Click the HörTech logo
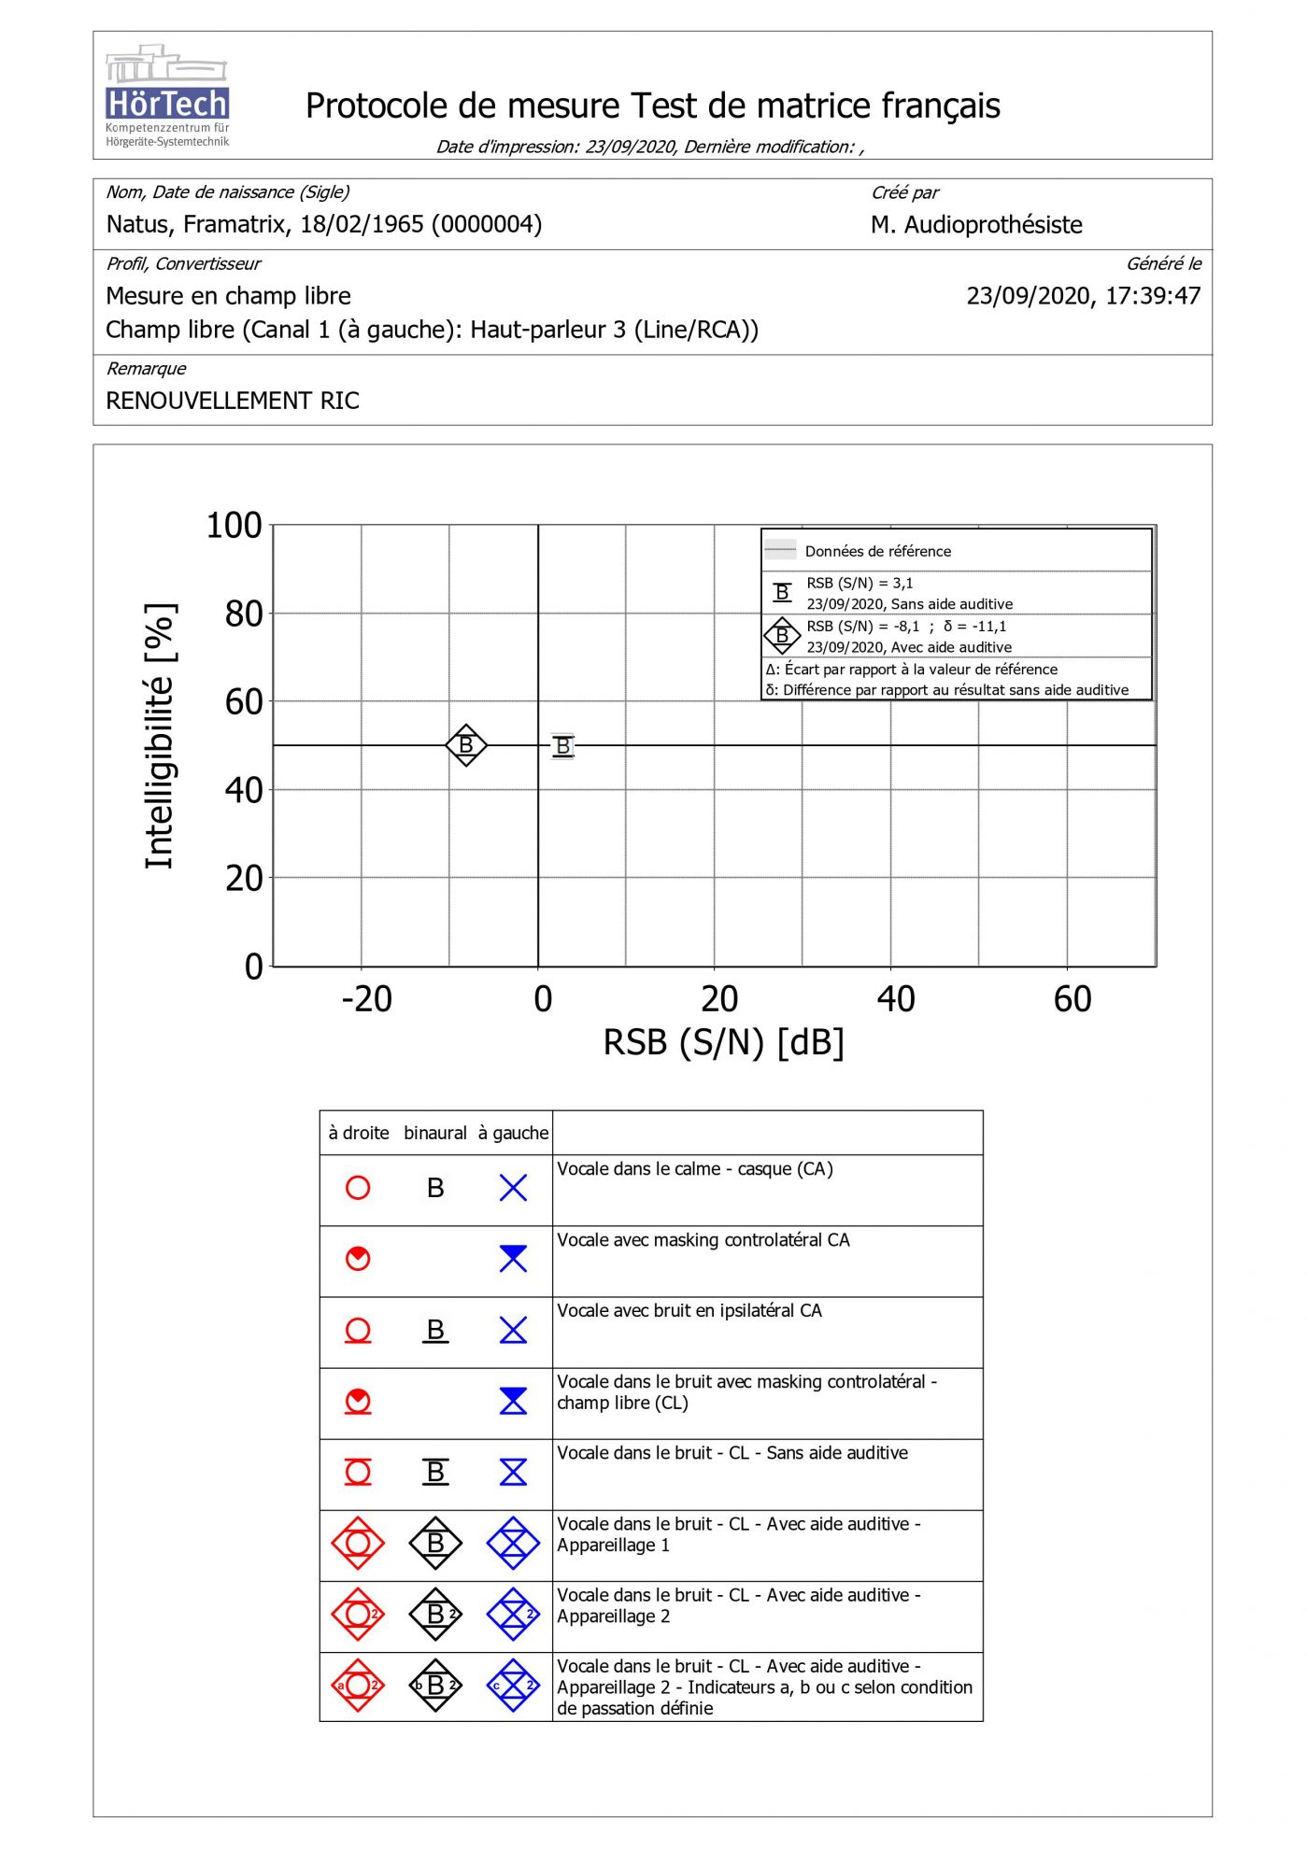coord(167,96)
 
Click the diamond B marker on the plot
coord(466,745)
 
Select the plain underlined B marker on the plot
coord(562,746)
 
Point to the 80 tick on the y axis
coord(243,614)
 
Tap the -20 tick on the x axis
coord(366,999)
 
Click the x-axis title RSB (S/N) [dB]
coord(723,1042)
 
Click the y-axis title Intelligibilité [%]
coord(160,737)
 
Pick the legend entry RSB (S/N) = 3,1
coord(859,583)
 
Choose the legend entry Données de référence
coord(877,551)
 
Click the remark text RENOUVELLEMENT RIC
coord(233,401)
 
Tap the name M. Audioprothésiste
coord(976,225)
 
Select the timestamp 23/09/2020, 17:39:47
coord(1083,296)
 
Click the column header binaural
coord(434,1133)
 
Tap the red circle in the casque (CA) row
coord(358,1188)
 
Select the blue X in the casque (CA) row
coord(513,1188)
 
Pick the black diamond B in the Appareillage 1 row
coord(435,1543)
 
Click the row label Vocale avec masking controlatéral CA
coord(703,1240)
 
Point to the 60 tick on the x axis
coord(1072,999)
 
